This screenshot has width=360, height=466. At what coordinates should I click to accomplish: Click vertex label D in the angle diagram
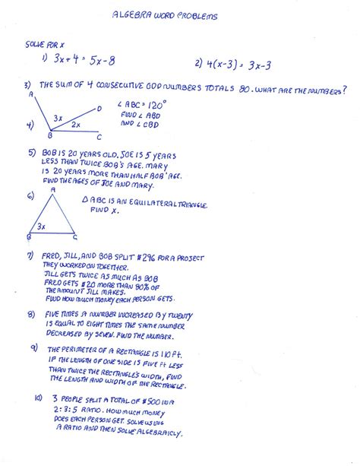[x=98, y=108]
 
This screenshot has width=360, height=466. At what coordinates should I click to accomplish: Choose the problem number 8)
[x=31, y=314]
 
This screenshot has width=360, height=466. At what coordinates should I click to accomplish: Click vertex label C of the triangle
[x=74, y=236]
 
